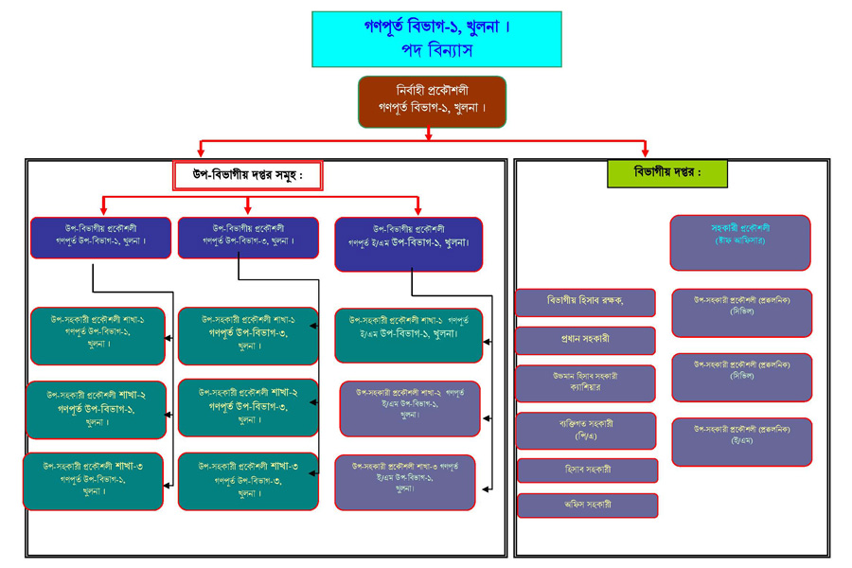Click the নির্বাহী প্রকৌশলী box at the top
click(x=432, y=101)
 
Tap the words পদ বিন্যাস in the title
click(x=436, y=50)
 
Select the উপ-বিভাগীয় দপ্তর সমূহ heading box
click(x=248, y=175)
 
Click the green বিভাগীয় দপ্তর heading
click(x=667, y=173)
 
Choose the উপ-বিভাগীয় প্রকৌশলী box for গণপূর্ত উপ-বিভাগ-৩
click(x=248, y=236)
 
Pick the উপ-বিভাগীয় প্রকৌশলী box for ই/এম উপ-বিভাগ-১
click(x=408, y=243)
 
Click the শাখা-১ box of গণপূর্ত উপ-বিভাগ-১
click(x=98, y=336)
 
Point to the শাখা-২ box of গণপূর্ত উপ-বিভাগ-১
click(x=96, y=410)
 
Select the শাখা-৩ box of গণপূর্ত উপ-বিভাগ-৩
click(x=248, y=481)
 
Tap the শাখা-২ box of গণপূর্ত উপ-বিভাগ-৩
click(x=248, y=406)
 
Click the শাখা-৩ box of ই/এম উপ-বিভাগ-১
click(x=405, y=481)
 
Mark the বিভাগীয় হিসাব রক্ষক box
click(x=586, y=302)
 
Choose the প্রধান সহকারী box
click(x=586, y=340)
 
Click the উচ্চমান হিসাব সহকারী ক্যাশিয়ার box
click(x=586, y=382)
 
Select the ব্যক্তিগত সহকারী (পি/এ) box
click(x=586, y=430)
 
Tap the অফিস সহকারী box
click(x=587, y=505)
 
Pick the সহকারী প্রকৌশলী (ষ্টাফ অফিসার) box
click(x=740, y=242)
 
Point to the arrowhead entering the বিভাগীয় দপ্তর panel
click(x=645, y=151)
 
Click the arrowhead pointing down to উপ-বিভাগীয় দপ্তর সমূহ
click(x=201, y=151)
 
